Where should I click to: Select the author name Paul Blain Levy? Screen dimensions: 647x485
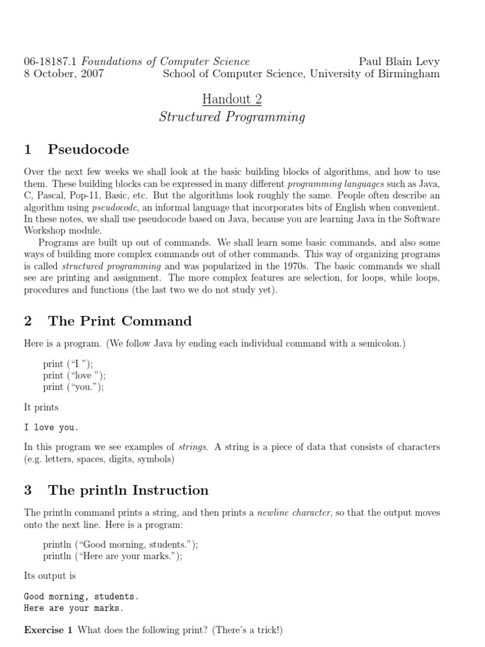tap(399, 61)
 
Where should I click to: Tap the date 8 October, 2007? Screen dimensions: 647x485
tap(64, 73)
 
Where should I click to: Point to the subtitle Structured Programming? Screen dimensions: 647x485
tap(232, 117)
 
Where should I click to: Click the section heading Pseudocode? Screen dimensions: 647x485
tap(88, 150)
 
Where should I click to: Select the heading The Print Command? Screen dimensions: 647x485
tap(120, 321)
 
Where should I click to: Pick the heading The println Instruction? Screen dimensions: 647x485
tap(128, 490)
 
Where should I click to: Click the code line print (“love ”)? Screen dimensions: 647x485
tap(75, 375)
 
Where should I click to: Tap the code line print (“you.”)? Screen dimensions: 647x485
tap(73, 387)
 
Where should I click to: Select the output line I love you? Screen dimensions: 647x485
tap(51, 428)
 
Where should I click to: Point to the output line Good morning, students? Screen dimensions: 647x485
tap(81, 596)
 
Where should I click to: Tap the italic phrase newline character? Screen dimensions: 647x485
tap(294, 512)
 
